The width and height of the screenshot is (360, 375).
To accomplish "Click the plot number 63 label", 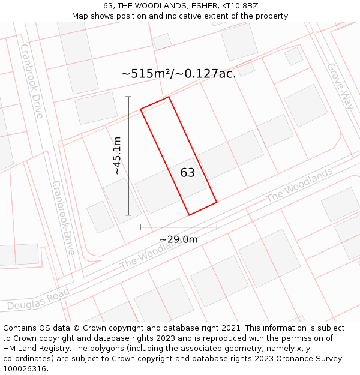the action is coord(188,173).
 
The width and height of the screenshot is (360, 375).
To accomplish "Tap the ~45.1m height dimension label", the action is coord(117,155).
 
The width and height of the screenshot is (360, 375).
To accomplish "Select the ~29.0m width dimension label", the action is coord(178,239).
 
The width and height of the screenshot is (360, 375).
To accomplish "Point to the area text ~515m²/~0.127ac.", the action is coord(178,74).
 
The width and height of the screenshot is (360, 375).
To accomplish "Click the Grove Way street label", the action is coord(339,86).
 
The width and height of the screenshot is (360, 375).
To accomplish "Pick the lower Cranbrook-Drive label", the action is coord(62,218).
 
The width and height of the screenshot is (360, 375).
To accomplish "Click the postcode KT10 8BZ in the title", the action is coord(240,5).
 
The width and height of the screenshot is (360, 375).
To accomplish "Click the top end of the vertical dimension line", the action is coord(128,97).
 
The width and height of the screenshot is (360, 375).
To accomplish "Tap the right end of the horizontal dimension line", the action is coord(217,227).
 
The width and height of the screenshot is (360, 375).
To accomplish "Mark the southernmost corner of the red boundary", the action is coord(189,215).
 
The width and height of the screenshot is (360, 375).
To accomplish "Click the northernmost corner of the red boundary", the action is coord(169,97).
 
